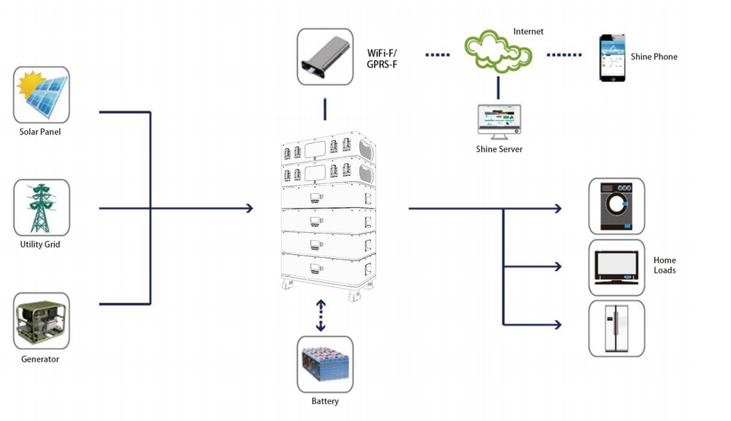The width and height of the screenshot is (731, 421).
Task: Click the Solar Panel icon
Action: (x=41, y=95)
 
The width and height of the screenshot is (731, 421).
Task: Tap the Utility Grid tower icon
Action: (x=41, y=208)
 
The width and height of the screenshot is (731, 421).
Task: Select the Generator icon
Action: (x=41, y=321)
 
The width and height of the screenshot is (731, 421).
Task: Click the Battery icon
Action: (x=325, y=365)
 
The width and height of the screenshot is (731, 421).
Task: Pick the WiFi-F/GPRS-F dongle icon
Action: (x=325, y=57)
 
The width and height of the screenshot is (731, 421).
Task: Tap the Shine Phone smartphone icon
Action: (x=612, y=58)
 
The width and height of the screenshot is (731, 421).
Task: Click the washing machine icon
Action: (x=617, y=206)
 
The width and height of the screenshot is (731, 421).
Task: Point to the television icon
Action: (x=617, y=267)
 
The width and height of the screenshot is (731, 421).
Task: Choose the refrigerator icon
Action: (x=617, y=328)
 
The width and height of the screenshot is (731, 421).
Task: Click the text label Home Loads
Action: (x=665, y=266)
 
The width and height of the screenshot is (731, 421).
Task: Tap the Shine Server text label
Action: (x=499, y=149)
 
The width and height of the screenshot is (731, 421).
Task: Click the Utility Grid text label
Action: (x=40, y=244)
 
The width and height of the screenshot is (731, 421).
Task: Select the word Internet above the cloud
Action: (x=528, y=32)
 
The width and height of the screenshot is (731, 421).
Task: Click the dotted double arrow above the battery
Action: (x=321, y=315)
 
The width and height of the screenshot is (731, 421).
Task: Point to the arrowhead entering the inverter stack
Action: (x=249, y=208)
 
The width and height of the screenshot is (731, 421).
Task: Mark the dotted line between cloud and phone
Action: (x=564, y=55)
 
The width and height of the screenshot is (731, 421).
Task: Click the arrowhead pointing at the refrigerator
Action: (x=557, y=325)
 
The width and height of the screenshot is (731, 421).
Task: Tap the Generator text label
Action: (x=40, y=359)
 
